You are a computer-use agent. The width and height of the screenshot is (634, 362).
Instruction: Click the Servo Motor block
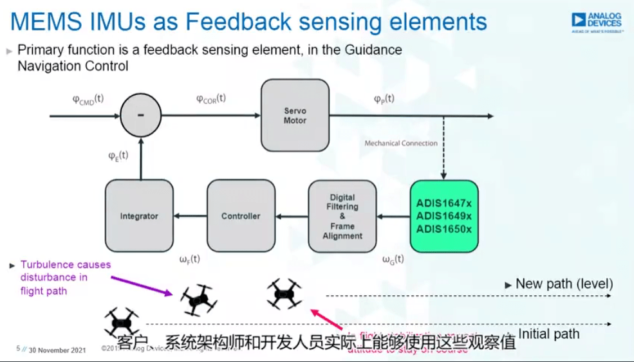(295, 116)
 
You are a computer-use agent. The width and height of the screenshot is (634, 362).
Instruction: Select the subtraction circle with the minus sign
(141, 116)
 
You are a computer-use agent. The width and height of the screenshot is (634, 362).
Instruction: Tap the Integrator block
(139, 216)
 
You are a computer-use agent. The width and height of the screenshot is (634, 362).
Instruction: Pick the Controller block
(241, 216)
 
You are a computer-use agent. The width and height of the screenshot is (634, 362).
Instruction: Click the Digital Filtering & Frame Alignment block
(342, 216)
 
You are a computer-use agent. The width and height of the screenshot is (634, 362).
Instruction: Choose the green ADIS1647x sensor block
(443, 216)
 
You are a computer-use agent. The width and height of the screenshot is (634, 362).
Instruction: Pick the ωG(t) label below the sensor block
(393, 260)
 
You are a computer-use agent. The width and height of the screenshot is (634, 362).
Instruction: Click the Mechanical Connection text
(401, 143)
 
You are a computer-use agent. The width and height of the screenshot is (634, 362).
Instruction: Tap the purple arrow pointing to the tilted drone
(142, 285)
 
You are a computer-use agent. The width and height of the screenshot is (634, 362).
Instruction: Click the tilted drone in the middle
(198, 299)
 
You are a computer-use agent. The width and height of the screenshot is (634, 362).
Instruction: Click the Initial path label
(548, 334)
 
